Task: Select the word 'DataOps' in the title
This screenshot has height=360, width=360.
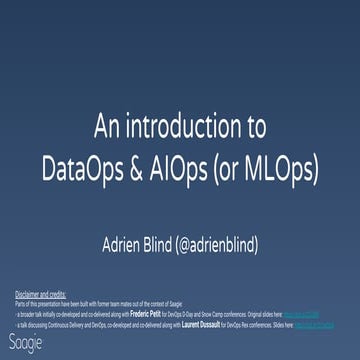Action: tap(88, 168)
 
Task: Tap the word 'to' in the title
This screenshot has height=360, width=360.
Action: tap(255, 128)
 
